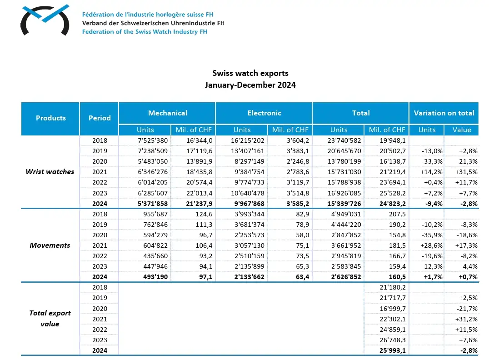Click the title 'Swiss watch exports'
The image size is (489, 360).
pyautogui.click(x=250, y=73)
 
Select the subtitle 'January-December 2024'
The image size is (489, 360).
pyautogui.click(x=250, y=85)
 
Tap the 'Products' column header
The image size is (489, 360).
pyautogui.click(x=51, y=118)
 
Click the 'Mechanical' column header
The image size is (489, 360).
pyautogui.click(x=167, y=113)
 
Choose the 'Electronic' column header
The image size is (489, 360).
pyautogui.click(x=264, y=113)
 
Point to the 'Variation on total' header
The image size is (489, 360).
pyautogui.click(x=444, y=113)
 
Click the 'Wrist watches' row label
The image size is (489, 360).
pyautogui.click(x=50, y=172)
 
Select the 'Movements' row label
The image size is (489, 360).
pyautogui.click(x=50, y=245)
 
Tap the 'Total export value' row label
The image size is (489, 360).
pyautogui.click(x=50, y=319)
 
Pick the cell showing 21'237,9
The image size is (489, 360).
pyautogui.click(x=199, y=204)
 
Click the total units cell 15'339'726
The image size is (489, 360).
pyautogui.click(x=344, y=204)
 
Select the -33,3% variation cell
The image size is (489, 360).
pyautogui.click(x=427, y=161)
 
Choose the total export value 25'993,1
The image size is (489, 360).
pyautogui.click(x=392, y=350)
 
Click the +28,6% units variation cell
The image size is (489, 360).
pyautogui.click(x=427, y=245)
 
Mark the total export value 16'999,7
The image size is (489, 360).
pyautogui.click(x=392, y=308)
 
